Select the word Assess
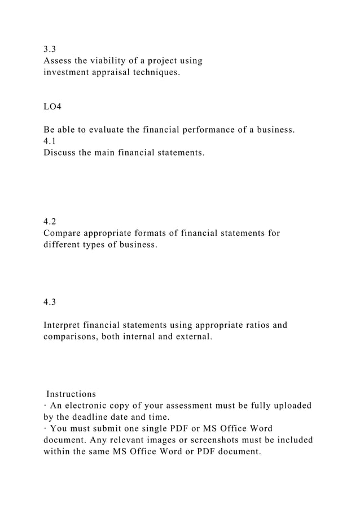point(58,60)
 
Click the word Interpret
point(64,325)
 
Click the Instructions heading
point(71,393)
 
